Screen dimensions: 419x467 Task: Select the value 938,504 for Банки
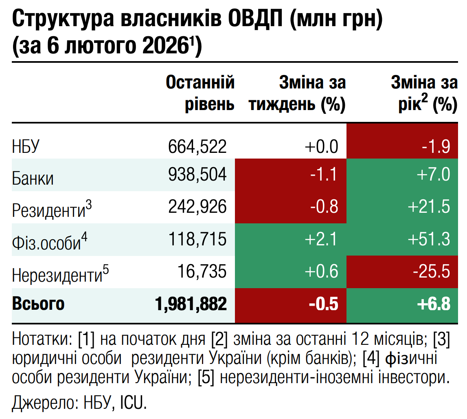(197, 174)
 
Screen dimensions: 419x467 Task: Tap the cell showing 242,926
(197, 207)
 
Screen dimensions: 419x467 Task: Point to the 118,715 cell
(197, 239)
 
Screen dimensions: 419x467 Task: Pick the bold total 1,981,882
(191, 304)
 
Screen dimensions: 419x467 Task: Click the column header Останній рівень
(200, 94)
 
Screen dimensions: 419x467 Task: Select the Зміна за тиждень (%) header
(297, 94)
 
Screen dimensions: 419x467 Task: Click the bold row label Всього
(38, 304)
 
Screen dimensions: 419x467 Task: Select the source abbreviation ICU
(132, 403)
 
